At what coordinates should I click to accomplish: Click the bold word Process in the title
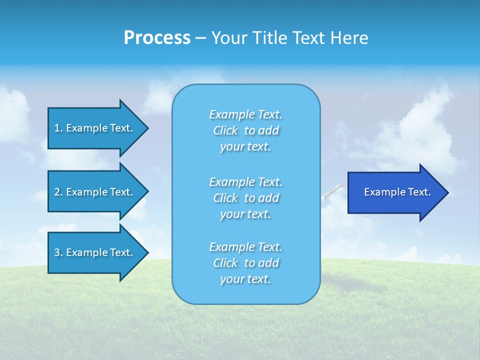pos(157,38)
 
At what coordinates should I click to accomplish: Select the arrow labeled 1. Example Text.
pos(95,128)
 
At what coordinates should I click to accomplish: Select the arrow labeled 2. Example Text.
pos(95,192)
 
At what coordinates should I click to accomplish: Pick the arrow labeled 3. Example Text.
pos(95,252)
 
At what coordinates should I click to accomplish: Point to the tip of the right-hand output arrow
pos(447,192)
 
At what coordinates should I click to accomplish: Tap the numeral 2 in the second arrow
pos(57,192)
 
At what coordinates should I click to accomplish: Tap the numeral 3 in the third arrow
pos(57,252)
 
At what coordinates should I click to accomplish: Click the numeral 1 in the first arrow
pos(57,128)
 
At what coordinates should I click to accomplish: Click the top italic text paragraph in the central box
pos(245,130)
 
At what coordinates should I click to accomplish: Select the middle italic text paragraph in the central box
pos(245,198)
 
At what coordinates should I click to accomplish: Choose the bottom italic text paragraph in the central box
pos(245,263)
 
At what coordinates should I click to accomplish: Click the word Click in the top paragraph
pos(225,130)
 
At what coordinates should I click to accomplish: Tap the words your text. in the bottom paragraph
pos(245,279)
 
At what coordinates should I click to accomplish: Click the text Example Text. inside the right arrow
pos(397,192)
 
